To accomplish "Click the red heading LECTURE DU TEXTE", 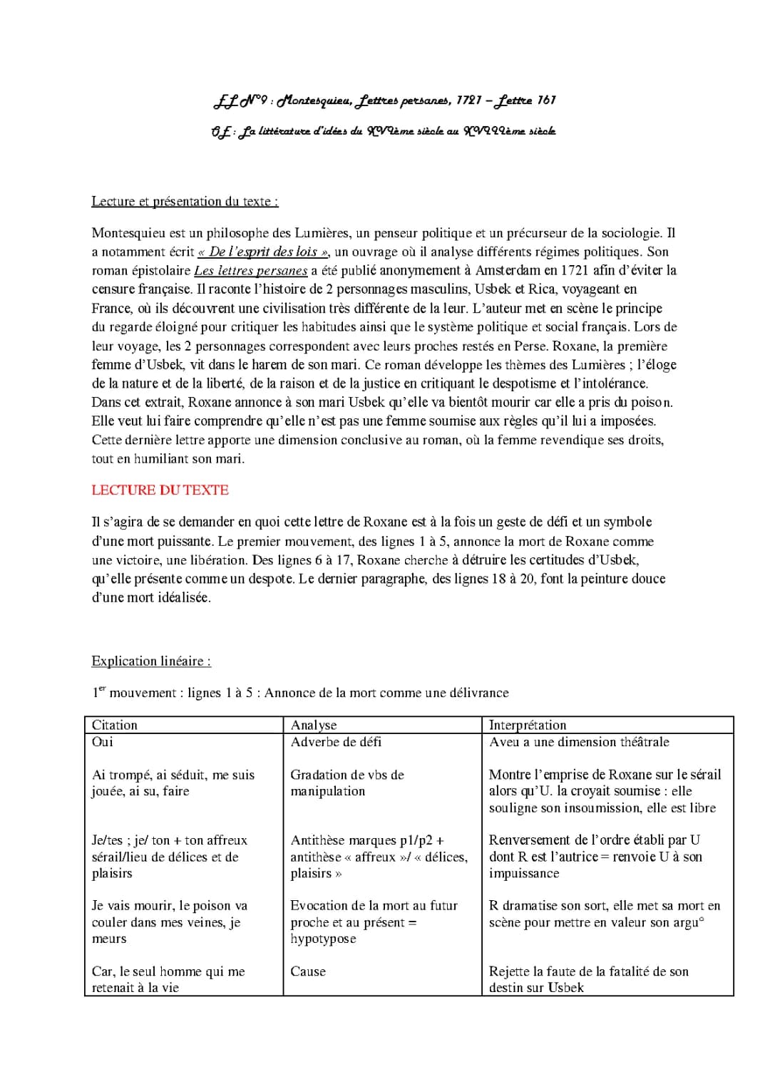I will coord(160,490).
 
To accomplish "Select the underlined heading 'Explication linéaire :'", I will coord(151,661).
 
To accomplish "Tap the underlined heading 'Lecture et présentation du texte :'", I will coord(185,202).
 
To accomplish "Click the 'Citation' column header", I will coord(115,725).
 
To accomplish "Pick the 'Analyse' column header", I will coord(314,725).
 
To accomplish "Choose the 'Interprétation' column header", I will coord(528,725).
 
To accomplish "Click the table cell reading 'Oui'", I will coord(103,742).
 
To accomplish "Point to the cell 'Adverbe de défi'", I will coord(336,742).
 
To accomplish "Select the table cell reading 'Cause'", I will coord(308,971).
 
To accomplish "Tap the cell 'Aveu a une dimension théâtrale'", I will coord(579,742).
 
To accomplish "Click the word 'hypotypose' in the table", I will coord(323,939).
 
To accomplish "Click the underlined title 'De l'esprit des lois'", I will coord(262,252).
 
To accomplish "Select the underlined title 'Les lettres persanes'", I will coord(250,271).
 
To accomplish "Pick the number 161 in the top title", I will coord(546,100).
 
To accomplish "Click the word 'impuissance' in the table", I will coord(524,873).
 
